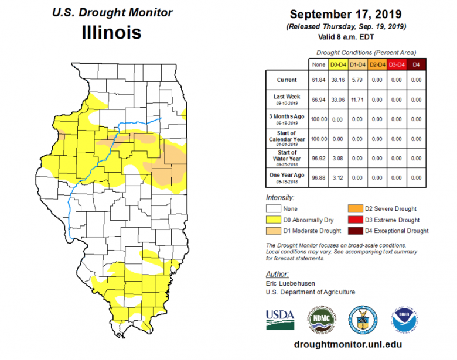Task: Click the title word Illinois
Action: point(111,32)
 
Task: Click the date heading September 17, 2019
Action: point(349,15)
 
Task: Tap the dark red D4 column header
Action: point(417,64)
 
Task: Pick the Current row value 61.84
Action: point(319,80)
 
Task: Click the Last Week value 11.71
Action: point(358,100)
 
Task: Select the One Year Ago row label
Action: point(287,177)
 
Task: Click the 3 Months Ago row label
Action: point(287,119)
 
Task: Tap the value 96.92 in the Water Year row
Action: point(319,157)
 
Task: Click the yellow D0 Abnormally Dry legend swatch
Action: point(272,220)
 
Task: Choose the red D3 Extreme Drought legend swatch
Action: point(354,220)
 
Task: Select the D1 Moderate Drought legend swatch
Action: point(272,231)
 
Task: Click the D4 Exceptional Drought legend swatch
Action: point(354,231)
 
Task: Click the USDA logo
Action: point(280,317)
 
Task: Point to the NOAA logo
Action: point(405,318)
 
